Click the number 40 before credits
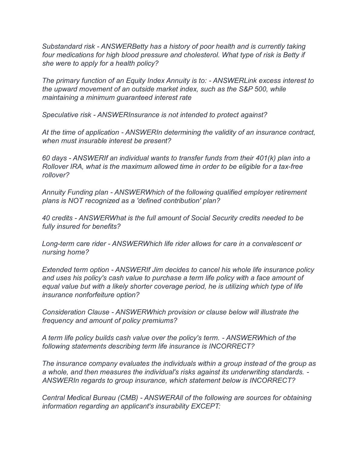coord(46,218)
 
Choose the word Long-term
coord(57,244)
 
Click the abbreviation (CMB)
coord(127,398)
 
